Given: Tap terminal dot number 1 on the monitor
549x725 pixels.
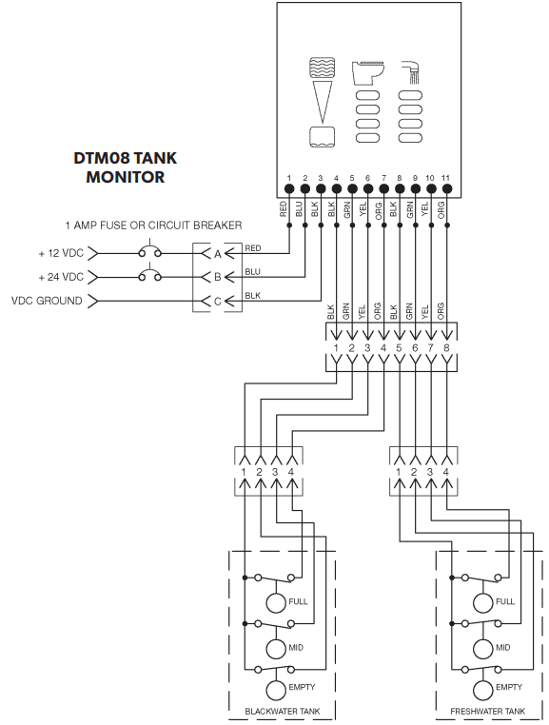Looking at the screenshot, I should (x=288, y=189).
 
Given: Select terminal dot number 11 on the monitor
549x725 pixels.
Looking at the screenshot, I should (x=446, y=189).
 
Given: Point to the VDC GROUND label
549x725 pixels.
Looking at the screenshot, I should (x=48, y=301).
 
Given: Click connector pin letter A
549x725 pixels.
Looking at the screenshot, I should (x=218, y=254).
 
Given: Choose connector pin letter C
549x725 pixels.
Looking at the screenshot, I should (x=218, y=301).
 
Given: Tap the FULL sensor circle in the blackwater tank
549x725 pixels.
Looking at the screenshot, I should (x=276, y=601).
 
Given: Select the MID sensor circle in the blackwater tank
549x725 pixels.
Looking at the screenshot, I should (x=276, y=648).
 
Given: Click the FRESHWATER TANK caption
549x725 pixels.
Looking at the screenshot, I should (x=486, y=711).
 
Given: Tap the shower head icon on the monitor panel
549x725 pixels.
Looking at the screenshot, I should (x=411, y=70).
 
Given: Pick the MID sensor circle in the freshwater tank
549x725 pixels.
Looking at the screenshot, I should (x=481, y=648).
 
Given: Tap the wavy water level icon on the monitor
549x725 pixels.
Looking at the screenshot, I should (x=323, y=74).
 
